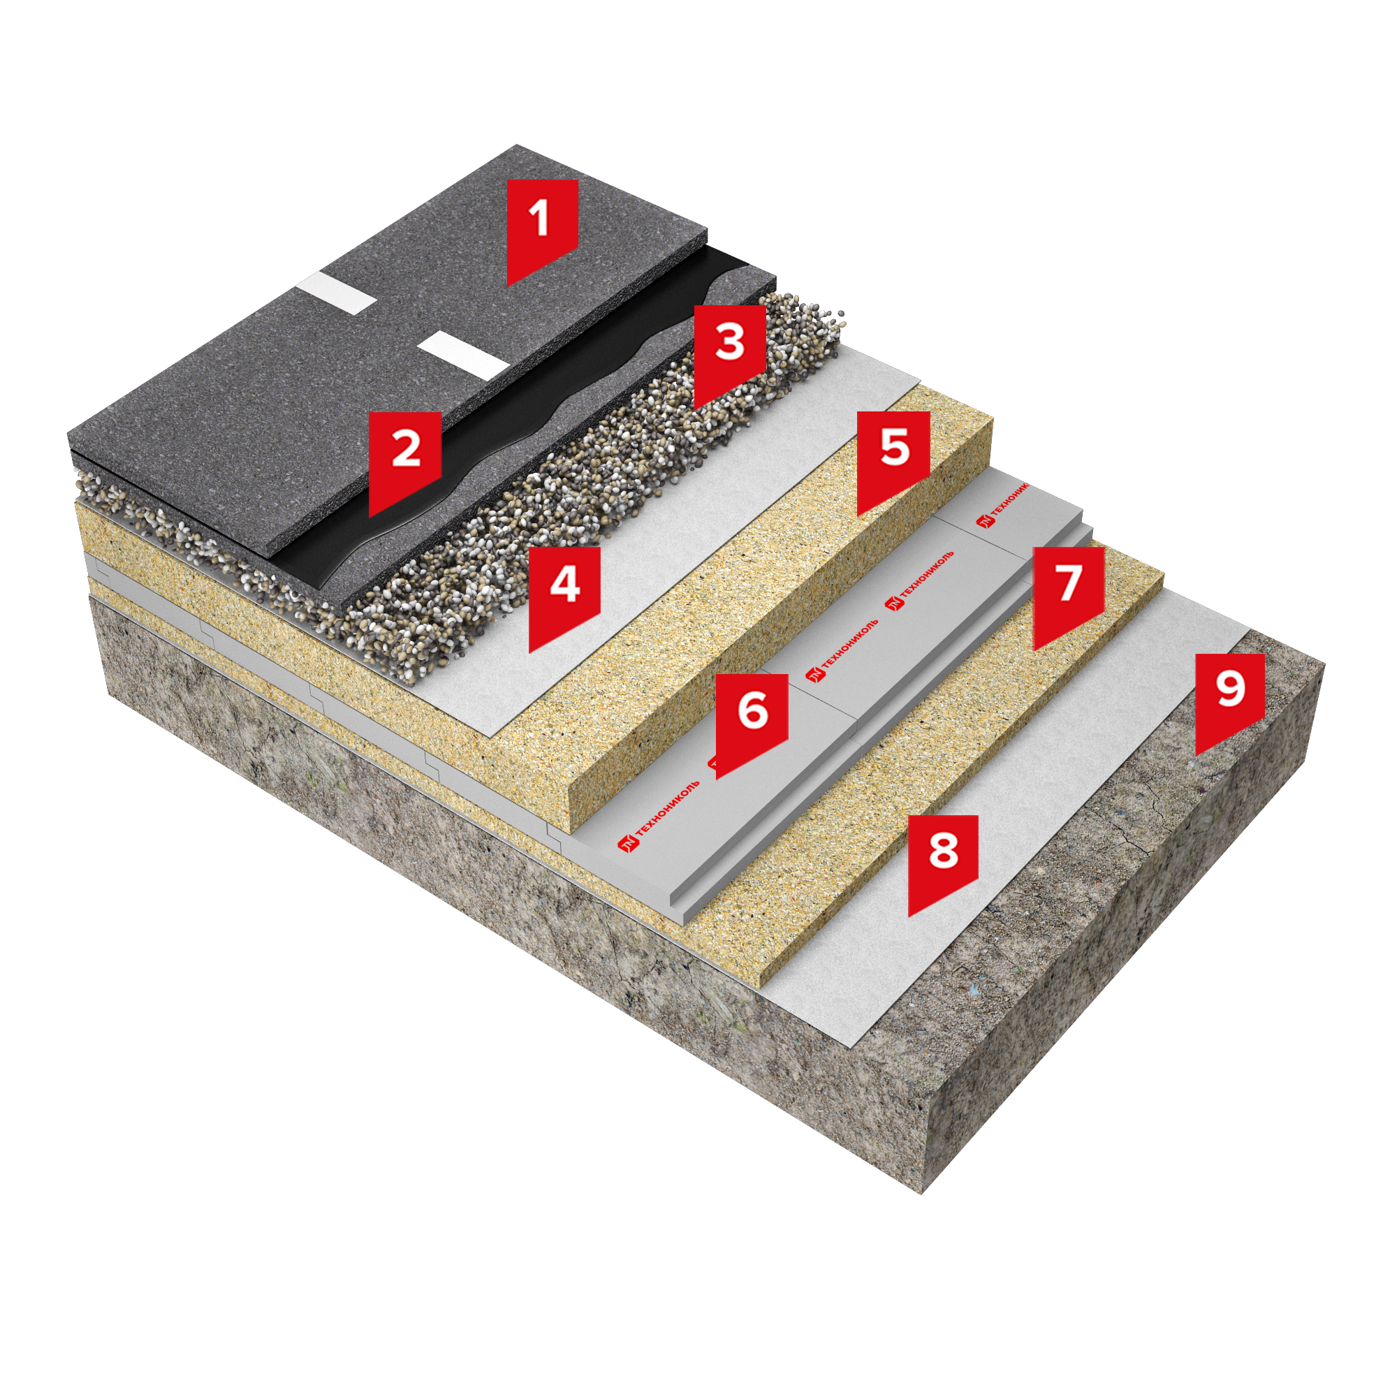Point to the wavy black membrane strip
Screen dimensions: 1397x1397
click(506, 427)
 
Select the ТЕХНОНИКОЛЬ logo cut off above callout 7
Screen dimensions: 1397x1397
click(1003, 504)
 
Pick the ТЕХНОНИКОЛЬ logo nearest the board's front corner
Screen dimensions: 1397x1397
click(659, 815)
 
